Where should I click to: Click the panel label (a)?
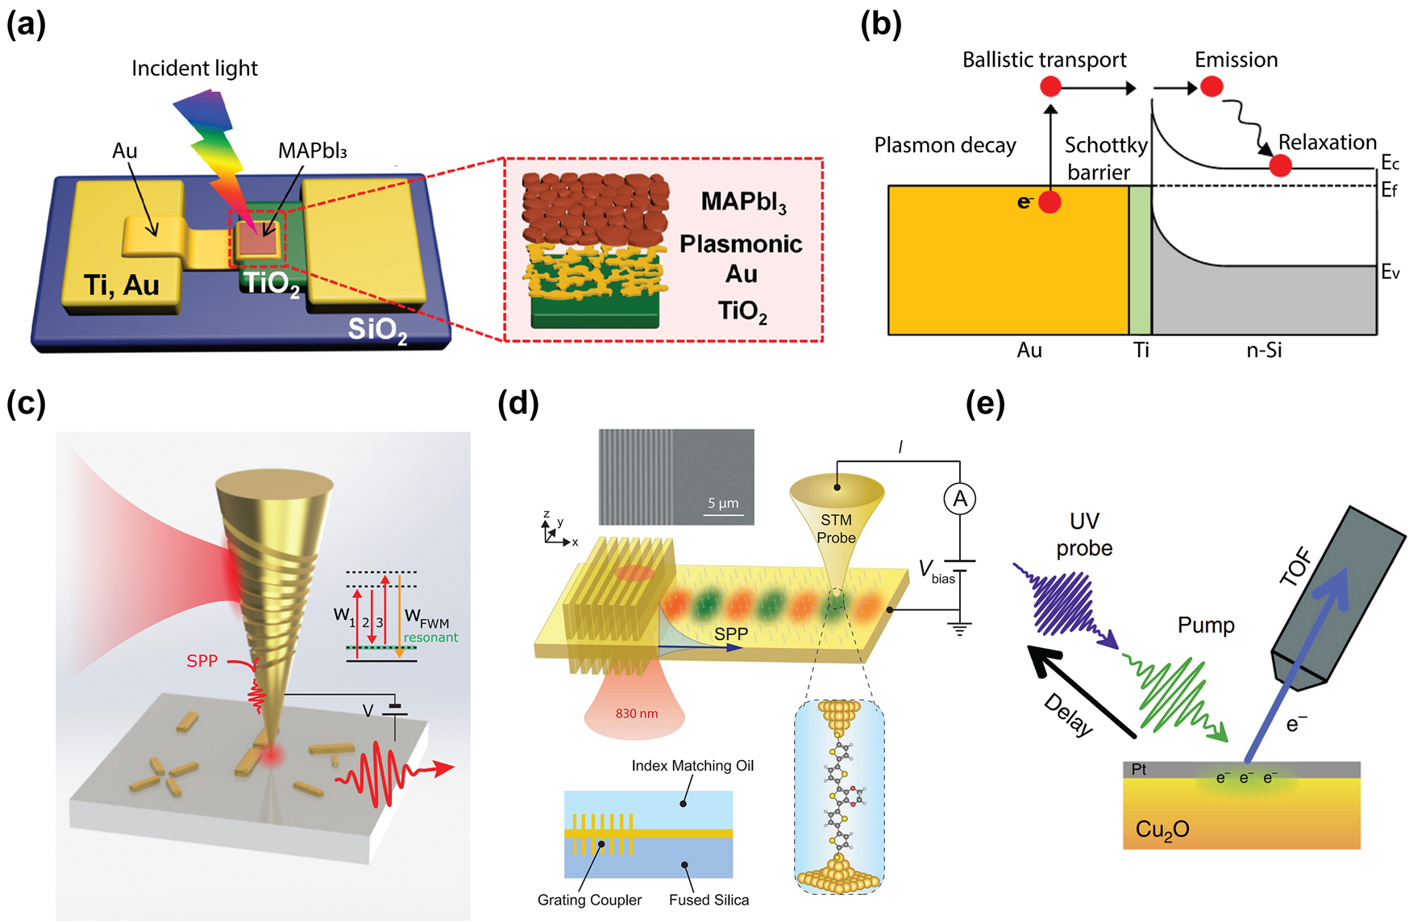[x=26, y=24]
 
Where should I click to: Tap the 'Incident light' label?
[x=194, y=69]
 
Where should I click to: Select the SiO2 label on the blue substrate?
[x=376, y=329]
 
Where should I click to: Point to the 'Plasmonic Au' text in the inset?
[x=740, y=258]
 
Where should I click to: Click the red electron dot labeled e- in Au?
[x=1049, y=202]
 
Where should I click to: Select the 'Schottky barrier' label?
[x=1105, y=158]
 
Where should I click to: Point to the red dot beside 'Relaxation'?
[x=1280, y=166]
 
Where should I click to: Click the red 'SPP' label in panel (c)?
[x=202, y=661]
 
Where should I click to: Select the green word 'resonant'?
[x=430, y=638]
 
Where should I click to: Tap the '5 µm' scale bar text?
[x=723, y=503]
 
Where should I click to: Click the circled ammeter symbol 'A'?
[x=959, y=499]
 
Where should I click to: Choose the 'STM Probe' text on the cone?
[x=836, y=529]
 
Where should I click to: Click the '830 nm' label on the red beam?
[x=636, y=713]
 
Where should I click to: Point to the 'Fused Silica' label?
[x=709, y=900]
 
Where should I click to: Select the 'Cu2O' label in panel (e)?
[x=1162, y=829]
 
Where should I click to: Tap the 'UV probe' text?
[x=1084, y=534]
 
